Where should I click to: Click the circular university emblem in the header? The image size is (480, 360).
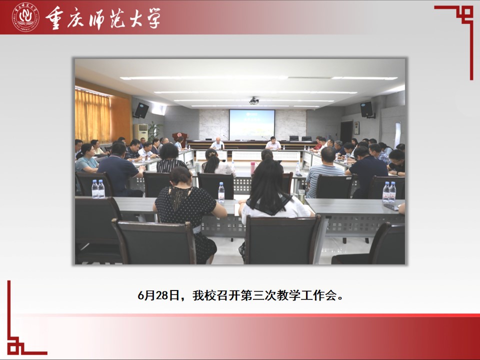[25, 17]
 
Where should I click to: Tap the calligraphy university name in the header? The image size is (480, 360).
[103, 18]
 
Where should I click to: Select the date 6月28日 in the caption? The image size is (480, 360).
[158, 295]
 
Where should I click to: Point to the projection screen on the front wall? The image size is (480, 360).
[252, 125]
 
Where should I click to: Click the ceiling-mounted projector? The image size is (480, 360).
[254, 100]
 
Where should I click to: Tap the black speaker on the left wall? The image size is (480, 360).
[141, 110]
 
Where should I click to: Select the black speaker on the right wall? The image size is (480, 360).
[366, 109]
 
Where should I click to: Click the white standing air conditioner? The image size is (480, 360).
[141, 132]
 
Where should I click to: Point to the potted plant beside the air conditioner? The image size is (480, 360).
[154, 131]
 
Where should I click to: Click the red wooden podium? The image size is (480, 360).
[180, 138]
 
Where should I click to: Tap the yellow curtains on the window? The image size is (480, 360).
[93, 116]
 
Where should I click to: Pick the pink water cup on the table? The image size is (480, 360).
[252, 168]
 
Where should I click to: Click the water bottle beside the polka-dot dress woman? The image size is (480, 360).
[221, 192]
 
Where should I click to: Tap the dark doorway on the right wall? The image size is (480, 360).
[346, 132]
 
